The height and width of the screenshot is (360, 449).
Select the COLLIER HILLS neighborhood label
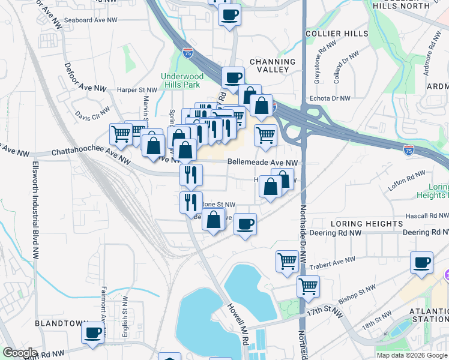336,34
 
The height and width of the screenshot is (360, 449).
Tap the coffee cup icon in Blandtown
92,332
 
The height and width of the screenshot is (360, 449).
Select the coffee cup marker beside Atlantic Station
421,263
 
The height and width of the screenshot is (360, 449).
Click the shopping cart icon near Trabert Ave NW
288,262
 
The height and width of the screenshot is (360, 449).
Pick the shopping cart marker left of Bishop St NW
309,287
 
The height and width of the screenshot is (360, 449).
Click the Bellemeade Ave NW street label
262,163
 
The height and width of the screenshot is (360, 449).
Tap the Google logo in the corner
19,353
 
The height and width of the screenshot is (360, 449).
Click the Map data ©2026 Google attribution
412,355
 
